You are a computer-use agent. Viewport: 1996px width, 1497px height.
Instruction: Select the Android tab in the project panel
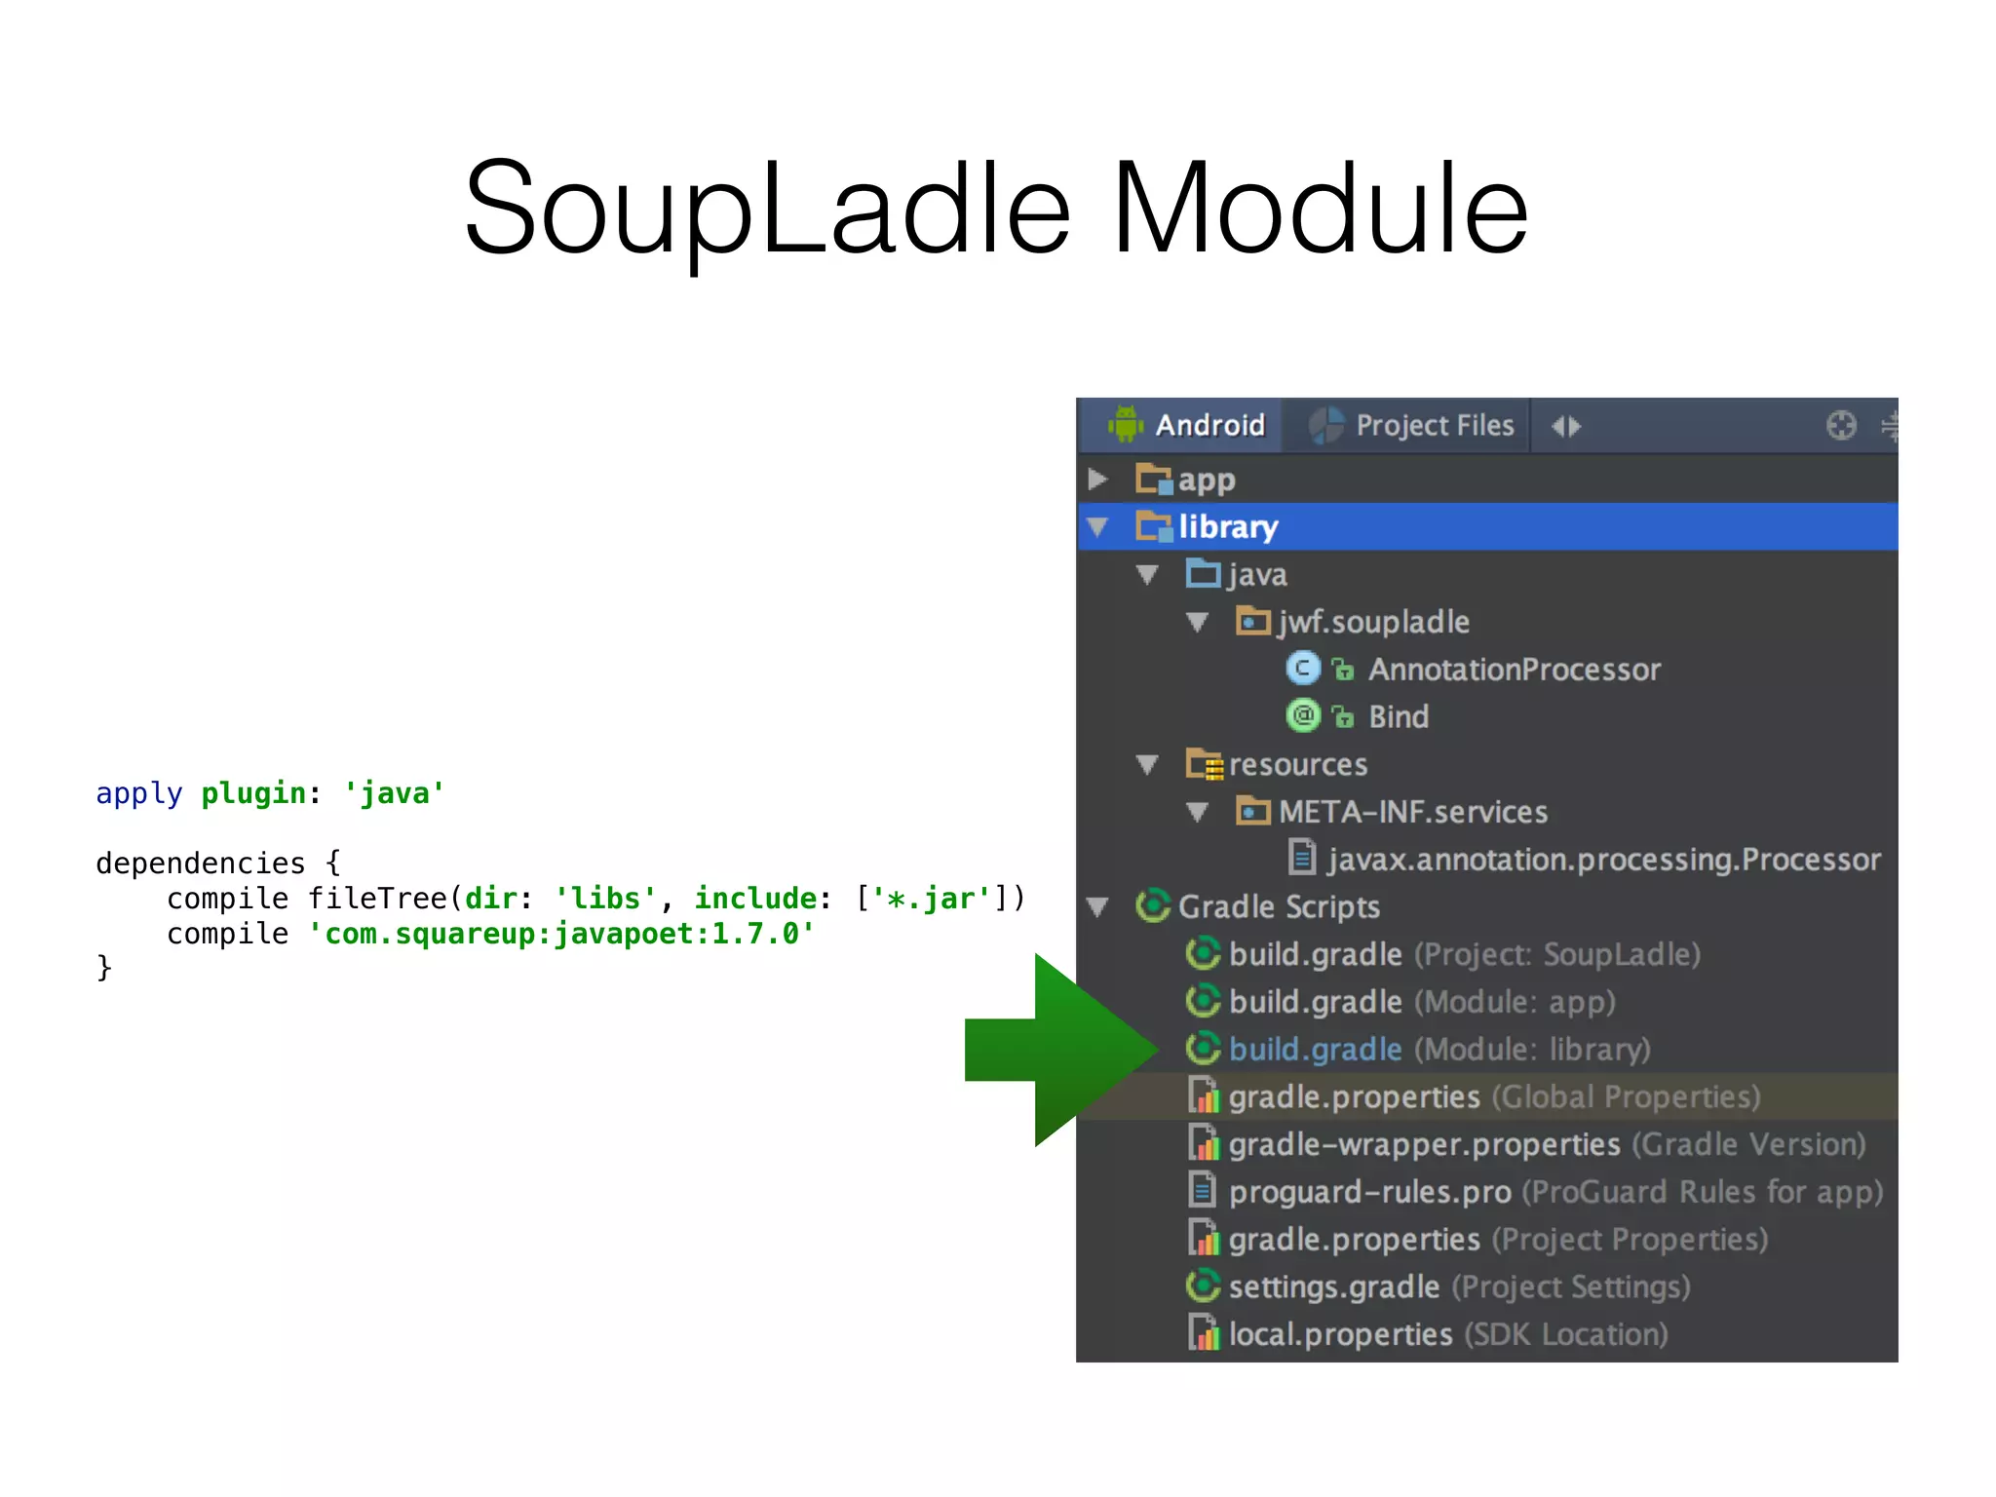pos(1209,426)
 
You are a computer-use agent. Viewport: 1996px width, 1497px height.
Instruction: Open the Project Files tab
pos(1434,426)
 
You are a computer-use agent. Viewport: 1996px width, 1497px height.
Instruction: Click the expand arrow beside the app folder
pos(1098,480)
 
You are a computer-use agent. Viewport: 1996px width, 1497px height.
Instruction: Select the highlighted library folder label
pos(1227,527)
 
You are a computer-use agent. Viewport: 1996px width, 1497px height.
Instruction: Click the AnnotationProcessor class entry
pos(1514,670)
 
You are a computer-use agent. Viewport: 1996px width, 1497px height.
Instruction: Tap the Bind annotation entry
pos(1398,717)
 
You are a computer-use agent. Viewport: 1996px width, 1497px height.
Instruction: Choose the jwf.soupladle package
pos(1373,622)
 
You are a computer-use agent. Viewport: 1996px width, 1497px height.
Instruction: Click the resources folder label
pos(1297,765)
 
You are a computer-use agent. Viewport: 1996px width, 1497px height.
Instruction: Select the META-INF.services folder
pos(1412,812)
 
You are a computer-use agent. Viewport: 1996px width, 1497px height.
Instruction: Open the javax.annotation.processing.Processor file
pos(1603,860)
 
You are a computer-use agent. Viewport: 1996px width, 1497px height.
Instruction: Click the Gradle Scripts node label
pos(1278,907)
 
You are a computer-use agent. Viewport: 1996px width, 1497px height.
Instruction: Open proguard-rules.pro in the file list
pos(1369,1192)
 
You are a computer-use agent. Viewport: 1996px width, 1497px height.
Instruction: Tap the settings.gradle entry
pos(1333,1287)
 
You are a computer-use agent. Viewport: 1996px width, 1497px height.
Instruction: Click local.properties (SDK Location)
pos(1340,1334)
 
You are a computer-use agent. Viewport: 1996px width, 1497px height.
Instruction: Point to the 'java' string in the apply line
pos(394,793)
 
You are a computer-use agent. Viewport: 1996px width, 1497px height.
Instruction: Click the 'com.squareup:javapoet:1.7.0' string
pos(561,934)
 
